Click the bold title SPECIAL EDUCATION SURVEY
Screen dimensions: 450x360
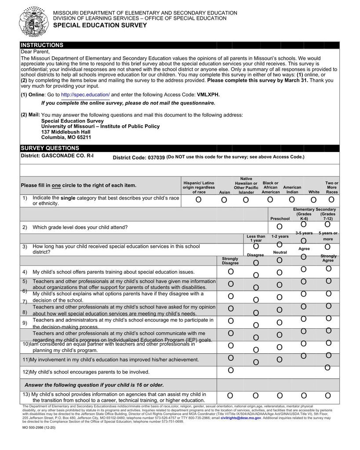pyautogui.click(x=100, y=25)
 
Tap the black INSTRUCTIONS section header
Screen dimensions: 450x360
pyautogui.click(x=42, y=45)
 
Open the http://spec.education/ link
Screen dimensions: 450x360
pyautogui.click(x=85, y=94)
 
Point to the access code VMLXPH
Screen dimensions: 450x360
pyautogui.click(x=208, y=94)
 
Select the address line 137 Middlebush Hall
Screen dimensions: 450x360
pyautogui.click(x=65, y=132)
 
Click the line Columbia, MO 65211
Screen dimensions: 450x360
pyautogui.click(x=66, y=137)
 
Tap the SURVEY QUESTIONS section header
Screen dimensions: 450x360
pyautogui.click(x=50, y=148)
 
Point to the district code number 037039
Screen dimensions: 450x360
pyautogui.click(x=156, y=157)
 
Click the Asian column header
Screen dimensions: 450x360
pyautogui.click(x=224, y=192)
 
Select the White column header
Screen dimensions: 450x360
pyautogui.click(x=314, y=192)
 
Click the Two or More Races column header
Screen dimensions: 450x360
pyautogui.click(x=332, y=187)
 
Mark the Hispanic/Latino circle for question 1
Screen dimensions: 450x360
pyautogui.click(x=199, y=200)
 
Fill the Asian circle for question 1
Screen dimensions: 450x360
pyautogui.click(x=224, y=200)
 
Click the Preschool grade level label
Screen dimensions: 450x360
pyautogui.click(x=280, y=218)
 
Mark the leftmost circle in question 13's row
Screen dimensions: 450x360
pyautogui.click(x=231, y=396)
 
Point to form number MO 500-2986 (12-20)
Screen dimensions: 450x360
pyautogui.click(x=39, y=428)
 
